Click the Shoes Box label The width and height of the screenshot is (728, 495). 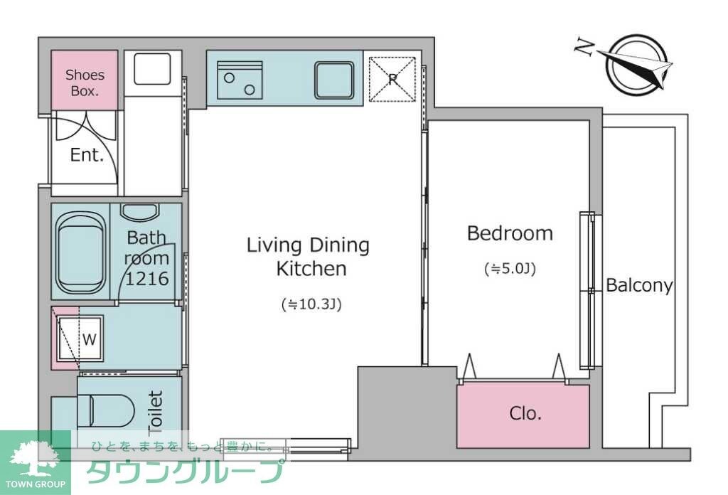click(85, 82)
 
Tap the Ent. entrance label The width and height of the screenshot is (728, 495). click(87, 156)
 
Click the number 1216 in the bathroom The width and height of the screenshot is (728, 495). click(147, 279)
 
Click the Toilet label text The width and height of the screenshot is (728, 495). click(155, 412)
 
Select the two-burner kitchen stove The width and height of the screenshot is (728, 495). click(240, 79)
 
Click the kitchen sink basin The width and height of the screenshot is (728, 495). click(334, 79)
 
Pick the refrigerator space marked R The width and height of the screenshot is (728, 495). click(392, 79)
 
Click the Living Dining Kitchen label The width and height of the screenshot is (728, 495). click(309, 257)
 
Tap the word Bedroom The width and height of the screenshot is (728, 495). click(509, 233)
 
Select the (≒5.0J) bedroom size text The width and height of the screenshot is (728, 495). click(509, 269)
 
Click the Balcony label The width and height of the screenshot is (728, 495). click(638, 286)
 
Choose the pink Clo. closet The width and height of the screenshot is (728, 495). click(523, 414)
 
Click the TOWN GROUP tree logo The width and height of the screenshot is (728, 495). click(34, 461)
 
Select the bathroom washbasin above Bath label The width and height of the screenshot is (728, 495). click(139, 212)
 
